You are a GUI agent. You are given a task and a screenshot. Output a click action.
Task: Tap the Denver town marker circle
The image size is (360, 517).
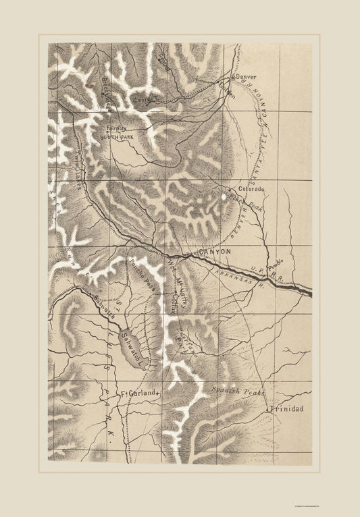pos(234,77)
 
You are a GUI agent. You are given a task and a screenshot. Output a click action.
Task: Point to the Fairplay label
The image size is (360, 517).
pos(116,127)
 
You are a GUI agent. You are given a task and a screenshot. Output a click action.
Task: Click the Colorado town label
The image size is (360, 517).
pos(251,190)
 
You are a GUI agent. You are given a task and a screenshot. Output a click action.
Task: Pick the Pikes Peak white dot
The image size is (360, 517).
pos(224,196)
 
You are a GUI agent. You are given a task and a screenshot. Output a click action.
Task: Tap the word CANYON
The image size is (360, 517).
pos(215,252)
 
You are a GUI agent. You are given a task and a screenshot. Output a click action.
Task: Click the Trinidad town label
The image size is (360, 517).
pos(285,409)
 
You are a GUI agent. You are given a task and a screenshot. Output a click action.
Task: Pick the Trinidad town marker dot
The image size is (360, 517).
pos(269,409)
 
